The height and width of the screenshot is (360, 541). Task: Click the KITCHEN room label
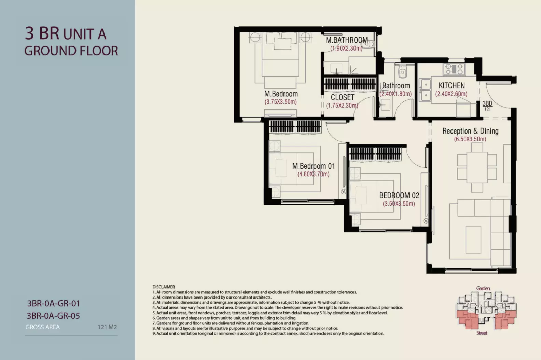pos(452,86)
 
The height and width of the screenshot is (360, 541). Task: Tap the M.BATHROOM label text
pos(347,40)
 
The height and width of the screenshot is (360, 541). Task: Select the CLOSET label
pos(343,97)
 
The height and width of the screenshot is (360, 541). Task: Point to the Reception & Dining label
pos(471,131)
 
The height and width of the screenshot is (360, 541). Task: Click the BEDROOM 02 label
pos(399,195)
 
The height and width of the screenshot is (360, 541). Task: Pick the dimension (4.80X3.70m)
pos(314,174)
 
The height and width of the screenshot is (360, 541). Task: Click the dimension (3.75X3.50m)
pos(281,102)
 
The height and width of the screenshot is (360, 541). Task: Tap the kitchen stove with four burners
pos(454,69)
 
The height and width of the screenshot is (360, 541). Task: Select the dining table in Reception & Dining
pos(477,167)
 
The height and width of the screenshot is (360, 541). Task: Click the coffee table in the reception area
pos(473,240)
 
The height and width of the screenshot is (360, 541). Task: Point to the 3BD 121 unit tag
pos(487,106)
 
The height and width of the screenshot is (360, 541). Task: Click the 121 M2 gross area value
pos(107,327)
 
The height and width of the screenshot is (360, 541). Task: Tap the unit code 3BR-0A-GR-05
pos(53,316)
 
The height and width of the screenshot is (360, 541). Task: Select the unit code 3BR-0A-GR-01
pos(53,304)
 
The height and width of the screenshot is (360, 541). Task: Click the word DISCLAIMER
pos(164,287)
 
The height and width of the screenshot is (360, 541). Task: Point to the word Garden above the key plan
pos(483,288)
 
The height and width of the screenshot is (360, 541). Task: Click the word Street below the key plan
pos(482,333)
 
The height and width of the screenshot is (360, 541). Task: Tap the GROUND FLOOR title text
pos(71,51)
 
